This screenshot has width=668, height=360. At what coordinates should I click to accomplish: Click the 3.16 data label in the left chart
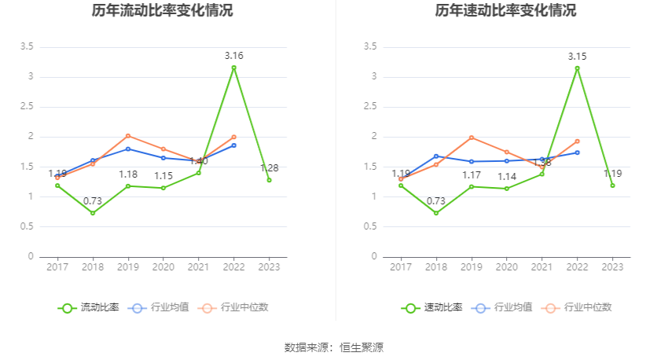(233, 55)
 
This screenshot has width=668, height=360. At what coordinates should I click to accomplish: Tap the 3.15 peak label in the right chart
(577, 56)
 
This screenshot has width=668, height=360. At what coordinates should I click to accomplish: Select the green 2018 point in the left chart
(93, 213)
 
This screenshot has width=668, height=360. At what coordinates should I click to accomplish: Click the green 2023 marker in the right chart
(612, 186)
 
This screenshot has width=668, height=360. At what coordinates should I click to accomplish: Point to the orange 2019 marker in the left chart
(128, 136)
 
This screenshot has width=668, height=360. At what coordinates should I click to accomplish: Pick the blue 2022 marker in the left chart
(233, 145)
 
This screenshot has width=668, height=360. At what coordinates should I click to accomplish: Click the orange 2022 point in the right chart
(577, 141)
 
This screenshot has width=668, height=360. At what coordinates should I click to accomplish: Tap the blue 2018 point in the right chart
(436, 156)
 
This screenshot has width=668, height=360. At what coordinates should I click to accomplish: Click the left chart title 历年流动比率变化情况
(162, 11)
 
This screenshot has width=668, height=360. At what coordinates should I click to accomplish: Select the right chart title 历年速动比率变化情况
(505, 11)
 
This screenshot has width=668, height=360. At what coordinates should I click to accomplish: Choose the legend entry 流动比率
(90, 307)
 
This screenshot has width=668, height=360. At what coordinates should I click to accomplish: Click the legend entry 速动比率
(433, 307)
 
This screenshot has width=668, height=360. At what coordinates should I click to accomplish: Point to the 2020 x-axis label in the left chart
(163, 268)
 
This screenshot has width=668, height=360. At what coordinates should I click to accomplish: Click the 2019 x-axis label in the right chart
(472, 268)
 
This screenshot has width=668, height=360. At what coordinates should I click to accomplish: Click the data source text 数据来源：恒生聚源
(333, 347)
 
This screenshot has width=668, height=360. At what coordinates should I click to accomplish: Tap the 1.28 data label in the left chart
(269, 167)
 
